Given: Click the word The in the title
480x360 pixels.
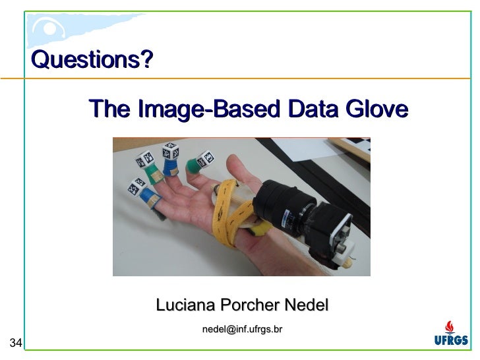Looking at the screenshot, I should click(x=109, y=109).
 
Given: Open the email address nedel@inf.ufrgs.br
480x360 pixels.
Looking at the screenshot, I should click(x=242, y=328).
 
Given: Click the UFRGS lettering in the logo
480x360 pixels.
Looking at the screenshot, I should click(x=451, y=341).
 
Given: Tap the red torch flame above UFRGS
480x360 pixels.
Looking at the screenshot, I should click(x=450, y=326).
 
